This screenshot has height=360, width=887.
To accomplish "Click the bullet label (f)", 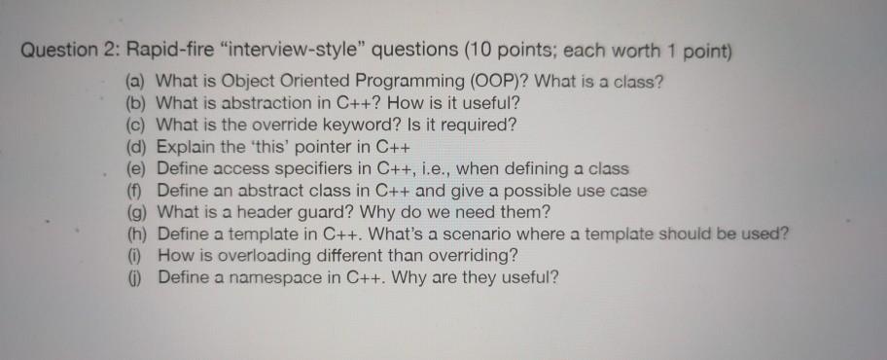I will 136,189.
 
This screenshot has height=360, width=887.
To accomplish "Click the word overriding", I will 479,254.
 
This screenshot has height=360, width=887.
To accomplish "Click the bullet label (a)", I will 137,82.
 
